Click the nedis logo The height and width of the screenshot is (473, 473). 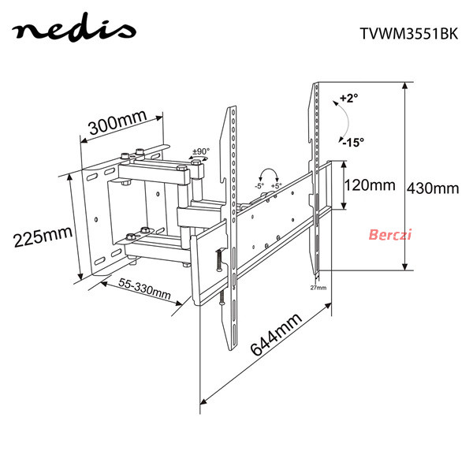coord(74,28)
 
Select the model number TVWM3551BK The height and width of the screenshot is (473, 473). coord(409,33)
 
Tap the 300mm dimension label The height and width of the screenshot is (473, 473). coord(118,123)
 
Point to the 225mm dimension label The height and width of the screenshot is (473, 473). coord(43,236)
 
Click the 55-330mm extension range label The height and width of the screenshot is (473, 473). coord(144,288)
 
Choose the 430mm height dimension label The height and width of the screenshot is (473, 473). coord(433,188)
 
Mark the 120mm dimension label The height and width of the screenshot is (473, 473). coord(370,185)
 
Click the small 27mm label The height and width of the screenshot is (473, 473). coord(318,288)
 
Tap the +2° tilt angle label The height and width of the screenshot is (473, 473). coord(349,98)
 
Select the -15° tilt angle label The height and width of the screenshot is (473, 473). coord(353,142)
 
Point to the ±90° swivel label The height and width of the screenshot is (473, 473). coord(201,151)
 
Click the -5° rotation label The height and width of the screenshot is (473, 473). coord(259,186)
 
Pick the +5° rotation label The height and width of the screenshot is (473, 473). coord(276,186)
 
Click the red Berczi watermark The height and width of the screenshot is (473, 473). coord(390,234)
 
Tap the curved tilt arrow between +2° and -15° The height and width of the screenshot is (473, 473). coord(348,121)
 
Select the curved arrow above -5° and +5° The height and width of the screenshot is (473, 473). coord(269,169)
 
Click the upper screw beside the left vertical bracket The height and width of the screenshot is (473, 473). coord(218,259)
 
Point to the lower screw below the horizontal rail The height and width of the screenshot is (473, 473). coord(222,298)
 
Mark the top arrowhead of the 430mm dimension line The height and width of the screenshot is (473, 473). coord(405,85)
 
